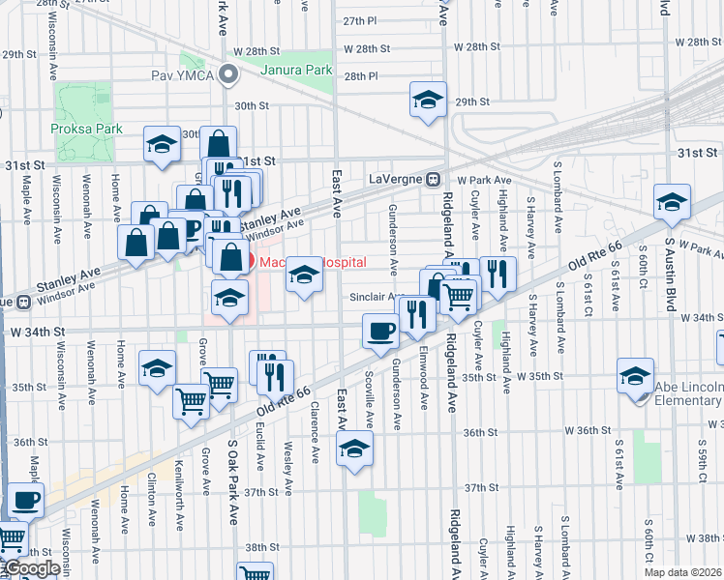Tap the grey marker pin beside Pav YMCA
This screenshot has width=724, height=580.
pos(229,73)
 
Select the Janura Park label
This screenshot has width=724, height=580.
pos(297,71)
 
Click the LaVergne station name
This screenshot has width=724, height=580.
pos(397,179)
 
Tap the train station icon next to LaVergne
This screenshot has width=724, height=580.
pos(435,179)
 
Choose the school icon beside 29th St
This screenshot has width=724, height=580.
pos(427,101)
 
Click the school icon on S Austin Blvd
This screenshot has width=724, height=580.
pos(672,200)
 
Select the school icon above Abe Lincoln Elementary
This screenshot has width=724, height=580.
pos(635,374)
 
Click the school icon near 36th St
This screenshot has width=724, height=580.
pos(355,448)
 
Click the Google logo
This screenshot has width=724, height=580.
pos(31,569)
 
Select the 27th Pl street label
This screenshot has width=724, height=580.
pos(358,20)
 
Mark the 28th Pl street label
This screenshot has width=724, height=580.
pos(359,75)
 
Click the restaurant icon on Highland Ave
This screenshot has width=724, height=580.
pos(498,274)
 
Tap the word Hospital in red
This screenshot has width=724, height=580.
pos(339,262)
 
